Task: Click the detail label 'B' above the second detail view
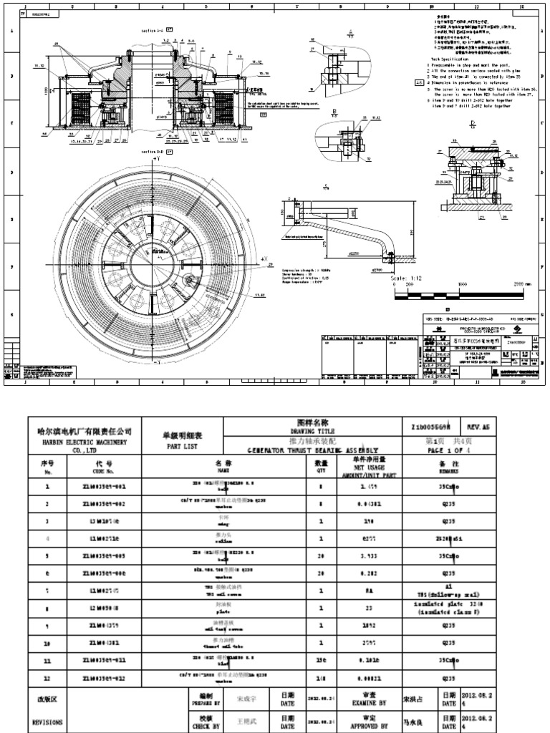335,110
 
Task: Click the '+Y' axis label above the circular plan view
155,157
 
